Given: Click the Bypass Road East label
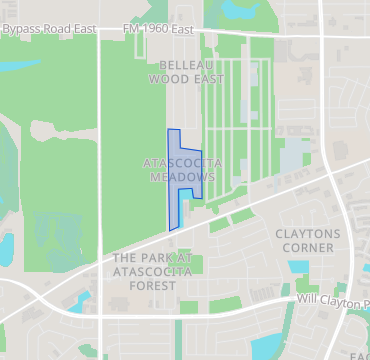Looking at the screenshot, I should coord(49,30).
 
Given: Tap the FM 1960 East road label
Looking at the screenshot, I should coord(158,30).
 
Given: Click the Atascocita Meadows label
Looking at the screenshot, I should coord(183,169).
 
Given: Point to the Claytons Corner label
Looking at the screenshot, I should coord(307,240).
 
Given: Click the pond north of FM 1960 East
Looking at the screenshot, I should coord(239,10).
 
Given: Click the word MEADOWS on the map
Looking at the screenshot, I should coord(183,176).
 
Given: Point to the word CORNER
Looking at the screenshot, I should coord(307,247).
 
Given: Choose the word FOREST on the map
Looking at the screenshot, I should coord(158,284).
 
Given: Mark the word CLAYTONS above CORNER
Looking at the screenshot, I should coord(307,233).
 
